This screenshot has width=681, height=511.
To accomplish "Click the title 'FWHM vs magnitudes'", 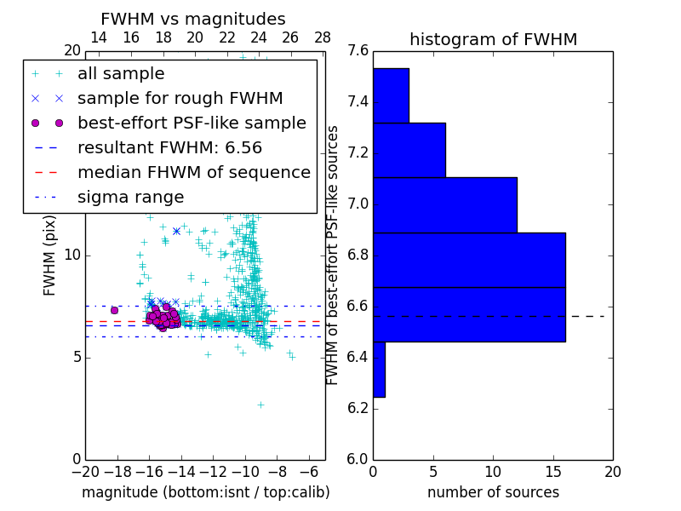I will coord(193,20).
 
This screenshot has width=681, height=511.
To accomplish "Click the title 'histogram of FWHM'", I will coord(493,39).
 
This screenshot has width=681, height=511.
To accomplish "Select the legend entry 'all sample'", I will coord(121,74).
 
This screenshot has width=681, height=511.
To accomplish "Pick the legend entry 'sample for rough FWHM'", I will coord(180,99).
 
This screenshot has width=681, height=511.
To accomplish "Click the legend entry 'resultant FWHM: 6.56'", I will coord(169,147).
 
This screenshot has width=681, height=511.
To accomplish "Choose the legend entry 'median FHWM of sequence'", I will coord(193,172).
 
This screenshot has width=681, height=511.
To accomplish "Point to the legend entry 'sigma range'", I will coord(130,197).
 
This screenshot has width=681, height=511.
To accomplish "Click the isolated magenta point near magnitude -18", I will coord(114,310).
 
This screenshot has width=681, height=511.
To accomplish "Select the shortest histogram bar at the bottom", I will coord(379,369).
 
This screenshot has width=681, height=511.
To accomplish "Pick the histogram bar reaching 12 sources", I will coord(444,204).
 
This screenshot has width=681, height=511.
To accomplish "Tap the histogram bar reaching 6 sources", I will coord(409,150).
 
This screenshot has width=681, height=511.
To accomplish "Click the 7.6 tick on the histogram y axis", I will coord(358,51).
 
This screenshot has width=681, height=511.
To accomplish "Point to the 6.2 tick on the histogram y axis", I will coord(358,408).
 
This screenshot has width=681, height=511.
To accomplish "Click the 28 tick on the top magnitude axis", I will coord(322,38).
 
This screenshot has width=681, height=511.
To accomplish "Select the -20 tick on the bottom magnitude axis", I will coord(85,472).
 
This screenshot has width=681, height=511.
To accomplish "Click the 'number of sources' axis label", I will coord(493,492).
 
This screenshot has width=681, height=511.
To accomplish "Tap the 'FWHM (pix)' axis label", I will coord(50,255).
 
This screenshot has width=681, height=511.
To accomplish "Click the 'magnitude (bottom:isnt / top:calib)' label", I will coord(205,492).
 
